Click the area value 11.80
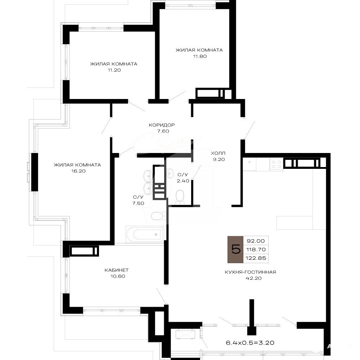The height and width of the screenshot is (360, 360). [x=200, y=56]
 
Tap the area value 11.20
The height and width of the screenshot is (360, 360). [x=114, y=70]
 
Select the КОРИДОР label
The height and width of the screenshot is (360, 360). [x=162, y=125]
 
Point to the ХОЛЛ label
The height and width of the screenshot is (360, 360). [x=218, y=153]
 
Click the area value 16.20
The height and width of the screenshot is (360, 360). [x=78, y=171]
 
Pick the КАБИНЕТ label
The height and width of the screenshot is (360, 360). [x=117, y=270]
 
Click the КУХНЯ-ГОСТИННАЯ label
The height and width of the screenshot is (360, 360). [x=250, y=272]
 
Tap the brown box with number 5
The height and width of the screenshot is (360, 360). [x=235, y=249]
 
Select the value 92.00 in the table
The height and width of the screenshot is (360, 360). [x=256, y=241]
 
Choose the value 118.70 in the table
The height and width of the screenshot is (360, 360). [x=256, y=249]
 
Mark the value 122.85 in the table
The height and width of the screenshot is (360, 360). [x=256, y=258]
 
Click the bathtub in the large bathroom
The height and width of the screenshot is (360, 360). [x=145, y=234]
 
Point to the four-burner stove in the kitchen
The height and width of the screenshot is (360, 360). [x=276, y=165]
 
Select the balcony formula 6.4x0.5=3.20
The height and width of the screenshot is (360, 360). [x=250, y=343]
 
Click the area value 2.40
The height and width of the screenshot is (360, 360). [x=183, y=181]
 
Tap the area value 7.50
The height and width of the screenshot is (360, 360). [x=138, y=203]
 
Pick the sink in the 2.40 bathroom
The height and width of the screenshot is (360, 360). [x=170, y=174]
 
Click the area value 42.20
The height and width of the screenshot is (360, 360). [x=253, y=278]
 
